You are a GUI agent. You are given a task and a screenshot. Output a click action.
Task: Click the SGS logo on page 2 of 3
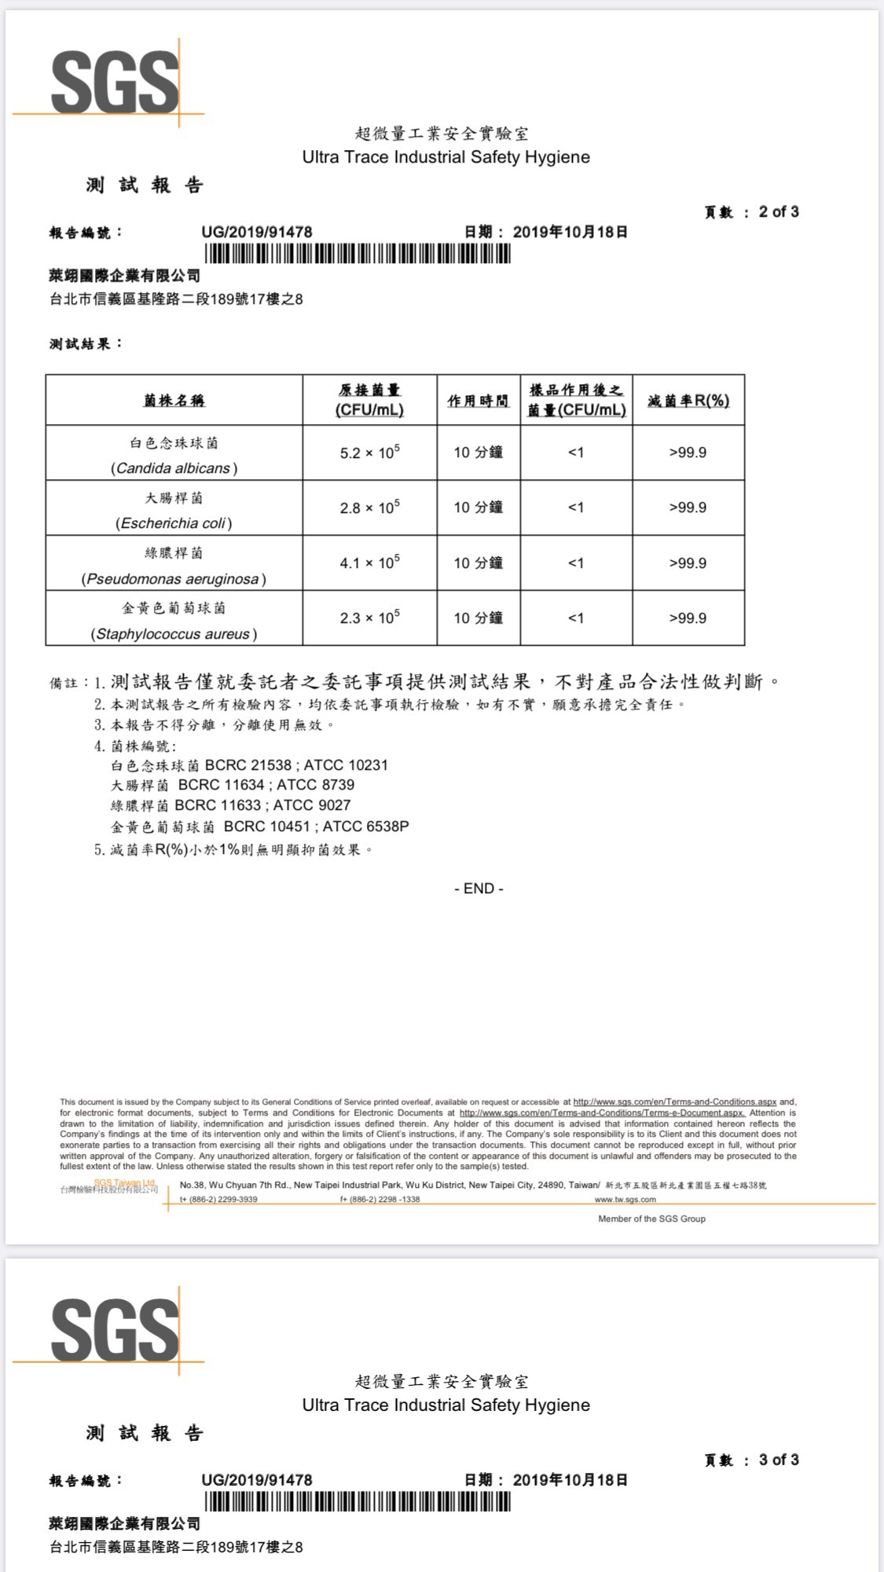(115, 82)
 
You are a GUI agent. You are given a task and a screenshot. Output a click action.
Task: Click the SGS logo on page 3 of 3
(115, 1330)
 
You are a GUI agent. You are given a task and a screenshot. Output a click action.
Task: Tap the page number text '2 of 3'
(778, 211)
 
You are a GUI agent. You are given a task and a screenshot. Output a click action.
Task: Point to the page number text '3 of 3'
(778, 1460)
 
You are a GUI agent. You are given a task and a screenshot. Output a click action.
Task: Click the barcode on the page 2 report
(358, 255)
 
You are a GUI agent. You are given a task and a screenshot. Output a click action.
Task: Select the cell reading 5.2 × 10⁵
(369, 453)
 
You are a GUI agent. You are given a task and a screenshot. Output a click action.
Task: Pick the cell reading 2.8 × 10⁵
(369, 508)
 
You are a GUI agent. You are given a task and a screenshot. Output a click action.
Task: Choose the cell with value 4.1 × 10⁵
(369, 562)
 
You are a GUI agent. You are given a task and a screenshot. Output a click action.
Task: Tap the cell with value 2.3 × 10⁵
(369, 617)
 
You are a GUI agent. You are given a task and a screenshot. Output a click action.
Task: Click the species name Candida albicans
(174, 468)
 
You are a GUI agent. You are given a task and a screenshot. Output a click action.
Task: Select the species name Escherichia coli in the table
(174, 523)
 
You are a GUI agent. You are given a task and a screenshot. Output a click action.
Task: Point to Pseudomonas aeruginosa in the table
(174, 579)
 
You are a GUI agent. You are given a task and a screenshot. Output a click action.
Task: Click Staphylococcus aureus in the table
(174, 634)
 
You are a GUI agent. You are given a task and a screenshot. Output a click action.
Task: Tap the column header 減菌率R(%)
(688, 401)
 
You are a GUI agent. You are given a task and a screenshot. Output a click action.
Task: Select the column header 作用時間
(478, 401)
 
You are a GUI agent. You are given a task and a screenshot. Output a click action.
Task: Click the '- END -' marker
(479, 889)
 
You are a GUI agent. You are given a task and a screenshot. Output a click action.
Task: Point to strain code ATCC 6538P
(365, 826)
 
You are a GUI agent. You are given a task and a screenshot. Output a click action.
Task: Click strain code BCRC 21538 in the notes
(248, 765)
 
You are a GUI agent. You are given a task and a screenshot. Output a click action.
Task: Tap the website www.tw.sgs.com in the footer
(625, 1200)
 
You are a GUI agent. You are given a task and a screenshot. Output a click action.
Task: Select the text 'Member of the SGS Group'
(651, 1218)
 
